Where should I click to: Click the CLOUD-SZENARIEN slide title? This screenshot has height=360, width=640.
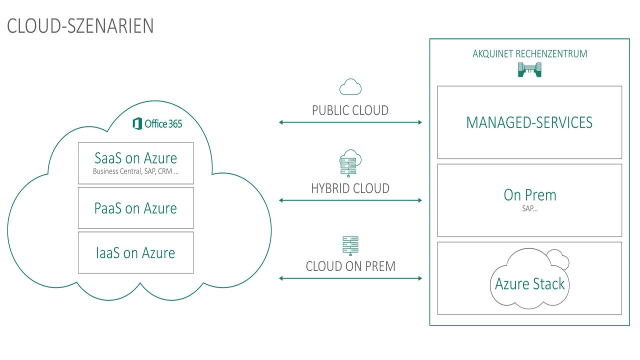(x=80, y=26)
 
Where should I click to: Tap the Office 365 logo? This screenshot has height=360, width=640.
(x=157, y=123)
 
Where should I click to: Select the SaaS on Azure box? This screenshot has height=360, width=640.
(x=135, y=163)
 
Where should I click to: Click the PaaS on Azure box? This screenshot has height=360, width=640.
(x=135, y=207)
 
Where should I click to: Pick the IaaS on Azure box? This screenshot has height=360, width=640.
(x=135, y=252)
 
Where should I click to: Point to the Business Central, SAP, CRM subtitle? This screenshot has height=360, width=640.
(x=135, y=171)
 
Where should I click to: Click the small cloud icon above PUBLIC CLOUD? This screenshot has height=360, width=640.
(x=350, y=87)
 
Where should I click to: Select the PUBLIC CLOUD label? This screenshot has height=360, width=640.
(x=350, y=110)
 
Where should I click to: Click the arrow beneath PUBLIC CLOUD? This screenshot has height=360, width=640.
(x=350, y=122)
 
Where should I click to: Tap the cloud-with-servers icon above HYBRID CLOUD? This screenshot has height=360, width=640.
(x=350, y=162)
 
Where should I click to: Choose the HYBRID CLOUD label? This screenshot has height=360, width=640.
(x=350, y=188)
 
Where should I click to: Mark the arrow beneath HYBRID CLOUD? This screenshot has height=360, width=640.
(x=350, y=200)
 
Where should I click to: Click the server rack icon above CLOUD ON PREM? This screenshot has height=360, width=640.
(x=350, y=246)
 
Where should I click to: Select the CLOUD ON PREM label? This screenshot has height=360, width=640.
(x=350, y=266)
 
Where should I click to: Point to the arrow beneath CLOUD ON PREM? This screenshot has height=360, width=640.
(x=350, y=278)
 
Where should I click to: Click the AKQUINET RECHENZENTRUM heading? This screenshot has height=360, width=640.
(x=529, y=54)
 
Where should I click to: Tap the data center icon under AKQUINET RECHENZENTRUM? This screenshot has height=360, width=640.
(x=529, y=70)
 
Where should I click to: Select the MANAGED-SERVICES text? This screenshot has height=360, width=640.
(x=529, y=122)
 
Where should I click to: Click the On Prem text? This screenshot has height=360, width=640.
(x=529, y=195)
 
